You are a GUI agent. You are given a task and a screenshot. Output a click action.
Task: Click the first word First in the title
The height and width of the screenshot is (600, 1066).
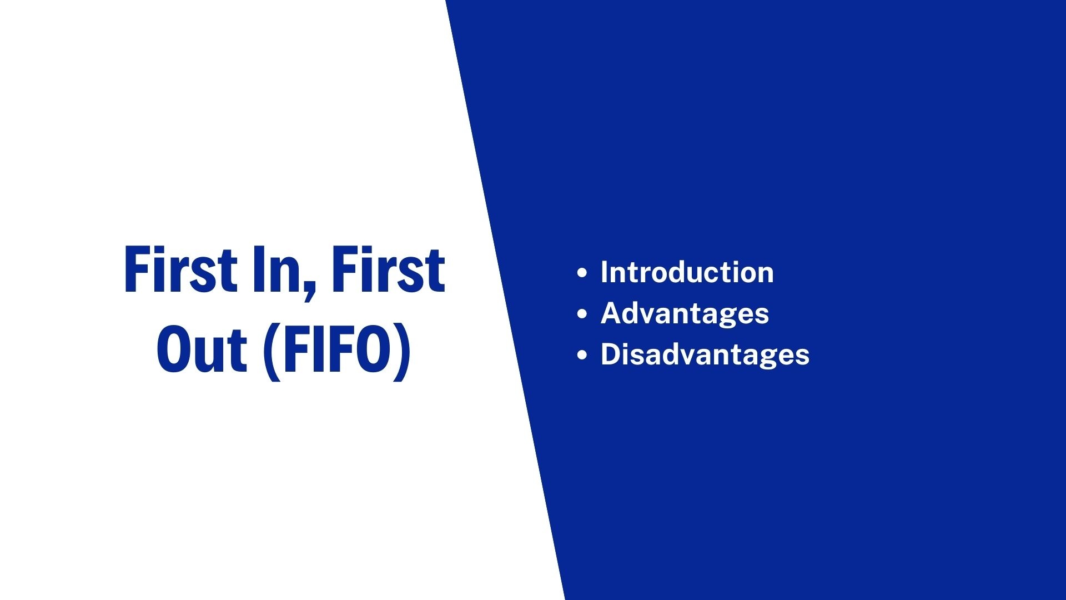coord(180,270)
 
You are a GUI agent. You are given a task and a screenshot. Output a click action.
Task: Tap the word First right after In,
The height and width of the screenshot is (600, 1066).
coord(388,270)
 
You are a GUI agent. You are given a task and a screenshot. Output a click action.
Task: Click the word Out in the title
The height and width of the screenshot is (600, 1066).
coord(202,350)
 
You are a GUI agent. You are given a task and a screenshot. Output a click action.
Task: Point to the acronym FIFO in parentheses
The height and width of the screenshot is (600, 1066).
coord(338,350)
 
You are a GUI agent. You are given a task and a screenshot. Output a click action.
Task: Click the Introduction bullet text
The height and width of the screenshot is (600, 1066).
coord(687,272)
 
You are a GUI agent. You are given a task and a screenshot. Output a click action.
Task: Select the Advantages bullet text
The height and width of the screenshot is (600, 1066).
coord(685,313)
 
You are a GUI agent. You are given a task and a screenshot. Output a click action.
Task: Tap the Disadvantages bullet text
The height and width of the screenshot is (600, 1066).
coord(705,354)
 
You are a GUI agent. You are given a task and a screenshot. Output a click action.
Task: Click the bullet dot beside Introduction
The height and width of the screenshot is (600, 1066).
coord(582,273)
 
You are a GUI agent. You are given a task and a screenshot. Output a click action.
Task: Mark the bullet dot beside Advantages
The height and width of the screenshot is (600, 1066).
coord(582,314)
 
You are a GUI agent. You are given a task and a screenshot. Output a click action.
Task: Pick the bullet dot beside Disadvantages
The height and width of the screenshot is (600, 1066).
coord(582,354)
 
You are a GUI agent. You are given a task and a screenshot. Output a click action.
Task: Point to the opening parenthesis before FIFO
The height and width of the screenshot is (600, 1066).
coord(271,351)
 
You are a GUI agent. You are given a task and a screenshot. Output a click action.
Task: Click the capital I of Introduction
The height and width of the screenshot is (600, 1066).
coord(605,272)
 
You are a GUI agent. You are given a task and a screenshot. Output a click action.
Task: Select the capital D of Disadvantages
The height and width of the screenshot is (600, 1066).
coord(610,354)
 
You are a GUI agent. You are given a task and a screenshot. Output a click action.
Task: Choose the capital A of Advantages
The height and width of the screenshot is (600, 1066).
coord(612,313)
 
